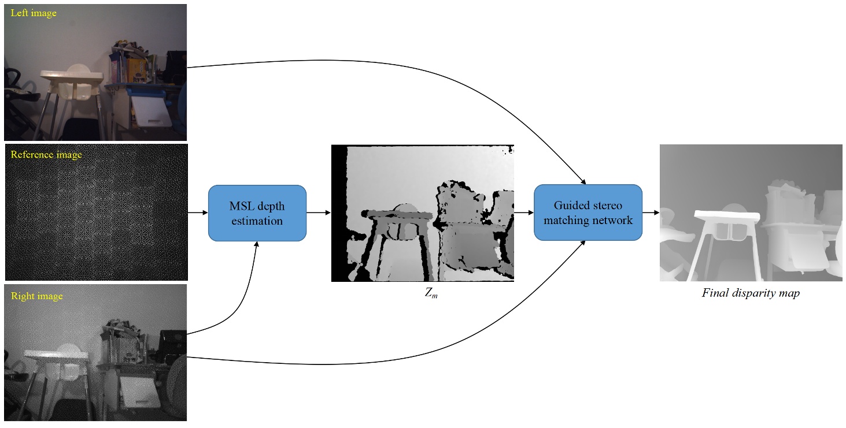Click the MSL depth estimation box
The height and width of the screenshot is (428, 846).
(x=257, y=213)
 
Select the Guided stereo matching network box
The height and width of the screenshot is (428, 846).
(x=588, y=213)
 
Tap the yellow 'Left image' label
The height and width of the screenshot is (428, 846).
(x=34, y=13)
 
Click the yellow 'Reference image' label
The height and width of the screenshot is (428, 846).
(x=46, y=155)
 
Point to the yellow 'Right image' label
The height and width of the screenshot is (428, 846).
(x=36, y=296)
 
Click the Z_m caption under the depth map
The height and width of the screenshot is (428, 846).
(x=430, y=293)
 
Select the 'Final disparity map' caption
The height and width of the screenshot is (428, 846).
(x=751, y=293)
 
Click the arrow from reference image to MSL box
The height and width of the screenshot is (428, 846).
(x=198, y=213)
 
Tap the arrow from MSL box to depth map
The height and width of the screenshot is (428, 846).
(x=318, y=213)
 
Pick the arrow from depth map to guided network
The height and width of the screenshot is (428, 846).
(x=523, y=213)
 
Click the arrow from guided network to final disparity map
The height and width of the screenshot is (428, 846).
(x=651, y=213)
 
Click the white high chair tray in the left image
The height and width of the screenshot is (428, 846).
(x=71, y=75)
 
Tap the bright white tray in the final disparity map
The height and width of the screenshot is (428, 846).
(x=725, y=217)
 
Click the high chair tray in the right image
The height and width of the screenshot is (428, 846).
(x=55, y=354)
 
